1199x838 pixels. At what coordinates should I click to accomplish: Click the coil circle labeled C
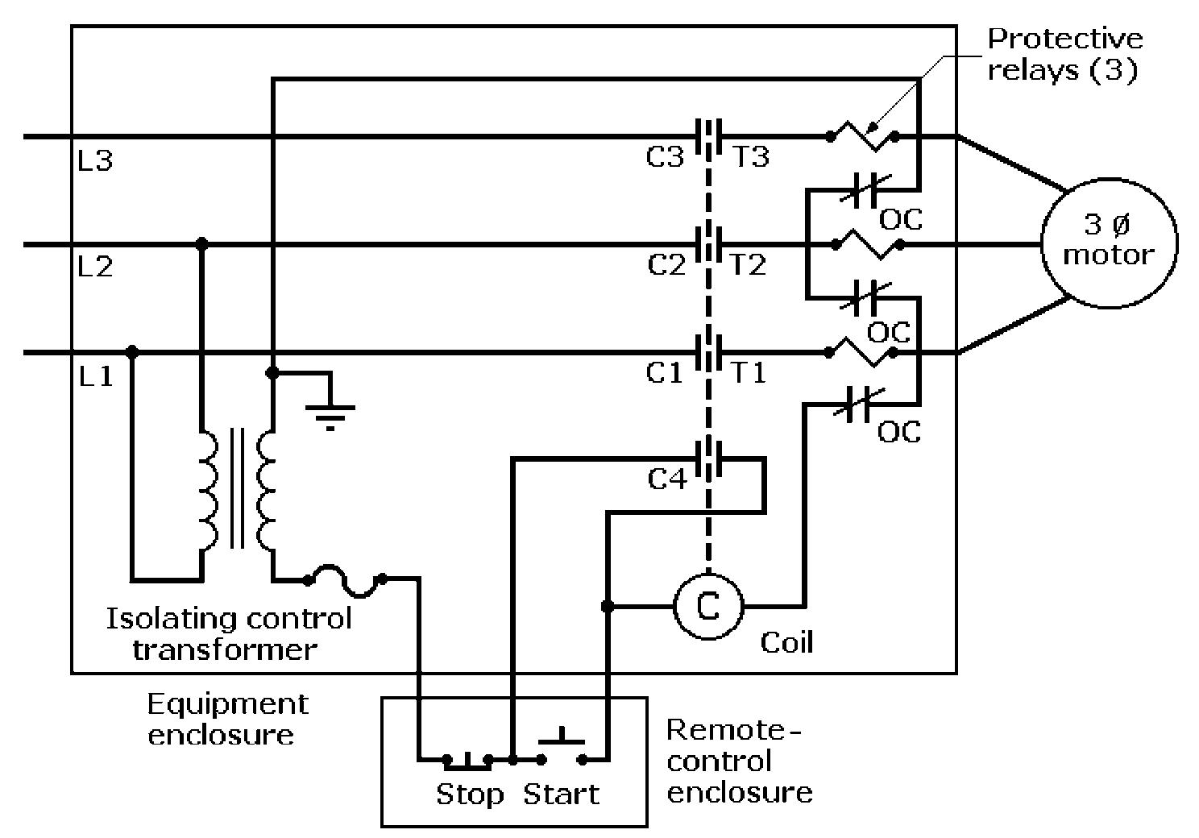707,606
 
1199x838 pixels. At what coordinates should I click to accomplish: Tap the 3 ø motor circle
1109,243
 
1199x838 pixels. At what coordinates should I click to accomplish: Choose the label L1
96,376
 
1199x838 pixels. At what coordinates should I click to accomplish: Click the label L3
95,161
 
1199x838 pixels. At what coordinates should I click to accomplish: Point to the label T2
748,265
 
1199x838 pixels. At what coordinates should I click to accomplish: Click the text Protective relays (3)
1064,54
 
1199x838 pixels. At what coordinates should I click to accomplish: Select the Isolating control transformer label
229,633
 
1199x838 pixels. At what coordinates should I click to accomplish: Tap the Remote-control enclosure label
739,761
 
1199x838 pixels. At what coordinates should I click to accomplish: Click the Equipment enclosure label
226,719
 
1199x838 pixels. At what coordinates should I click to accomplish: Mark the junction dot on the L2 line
201,243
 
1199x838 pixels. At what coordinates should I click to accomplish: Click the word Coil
786,642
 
